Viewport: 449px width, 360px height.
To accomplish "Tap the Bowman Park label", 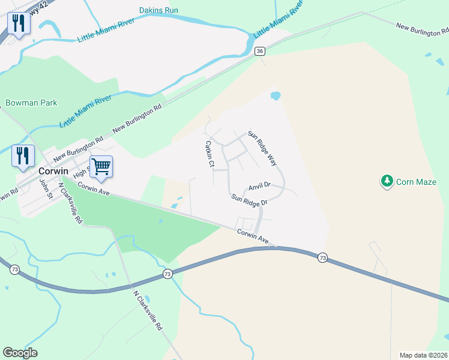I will [31, 103].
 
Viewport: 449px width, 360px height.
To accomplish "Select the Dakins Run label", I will [159, 10].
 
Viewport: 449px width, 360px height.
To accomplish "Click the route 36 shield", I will [259, 52].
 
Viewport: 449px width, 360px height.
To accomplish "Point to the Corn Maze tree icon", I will [387, 180].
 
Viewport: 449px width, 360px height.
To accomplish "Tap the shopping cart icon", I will [101, 166].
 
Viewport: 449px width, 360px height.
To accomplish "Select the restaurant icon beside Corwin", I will [22, 155].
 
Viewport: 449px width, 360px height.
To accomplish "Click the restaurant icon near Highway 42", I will [19, 23].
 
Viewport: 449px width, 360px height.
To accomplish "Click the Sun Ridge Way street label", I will [262, 148].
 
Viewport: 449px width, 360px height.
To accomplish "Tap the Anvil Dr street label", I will [259, 187].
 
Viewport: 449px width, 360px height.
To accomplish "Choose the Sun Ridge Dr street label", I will [249, 200].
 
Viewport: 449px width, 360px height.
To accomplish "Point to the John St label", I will [44, 188].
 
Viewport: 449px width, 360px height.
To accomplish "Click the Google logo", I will [20, 353].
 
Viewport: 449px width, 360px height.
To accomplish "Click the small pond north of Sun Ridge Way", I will [276, 95].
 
